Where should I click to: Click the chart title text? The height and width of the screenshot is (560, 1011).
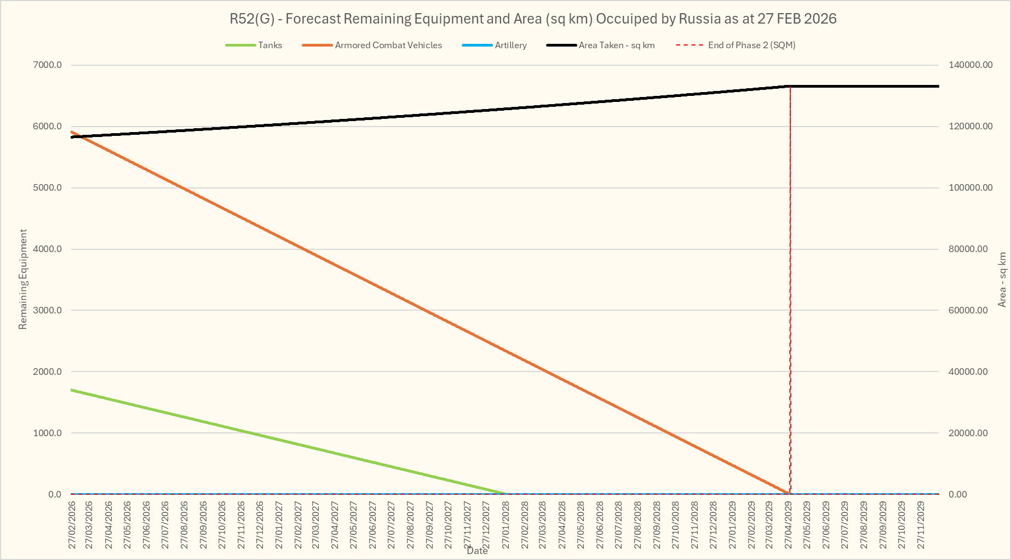click(533, 19)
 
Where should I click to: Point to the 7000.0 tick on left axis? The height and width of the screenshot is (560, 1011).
click(48, 65)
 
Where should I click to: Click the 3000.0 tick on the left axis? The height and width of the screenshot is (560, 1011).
click(48, 310)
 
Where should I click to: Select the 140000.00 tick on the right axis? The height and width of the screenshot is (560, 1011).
click(970, 65)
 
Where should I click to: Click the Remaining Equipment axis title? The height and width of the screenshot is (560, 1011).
click(22, 279)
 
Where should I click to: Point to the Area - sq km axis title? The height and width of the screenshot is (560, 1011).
click(1002, 279)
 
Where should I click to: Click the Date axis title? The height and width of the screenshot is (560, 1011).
click(477, 551)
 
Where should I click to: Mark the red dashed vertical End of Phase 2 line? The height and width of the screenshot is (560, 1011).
click(790, 290)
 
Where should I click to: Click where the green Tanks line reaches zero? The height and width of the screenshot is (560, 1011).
click(505, 494)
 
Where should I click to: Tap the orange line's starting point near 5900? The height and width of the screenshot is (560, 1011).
click(72, 132)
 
